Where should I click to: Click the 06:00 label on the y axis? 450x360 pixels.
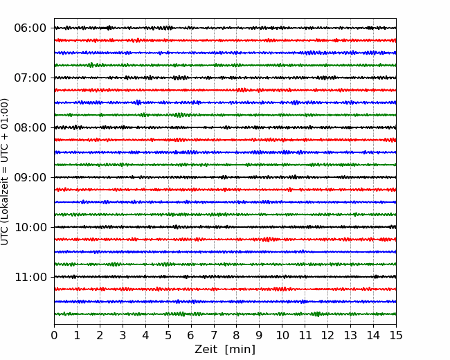point(30,28)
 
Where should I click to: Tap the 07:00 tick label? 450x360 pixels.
point(30,78)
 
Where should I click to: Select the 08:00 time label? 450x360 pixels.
point(30,128)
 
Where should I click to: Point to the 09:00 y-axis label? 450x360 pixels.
point(30,177)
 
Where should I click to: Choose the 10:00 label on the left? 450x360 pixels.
point(30,227)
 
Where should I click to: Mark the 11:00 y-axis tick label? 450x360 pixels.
point(30,277)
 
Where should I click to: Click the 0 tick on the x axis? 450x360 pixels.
point(54,335)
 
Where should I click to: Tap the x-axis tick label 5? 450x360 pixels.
point(168,335)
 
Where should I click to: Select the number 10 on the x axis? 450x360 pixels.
point(282,335)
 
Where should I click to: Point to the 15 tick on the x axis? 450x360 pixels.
point(396,335)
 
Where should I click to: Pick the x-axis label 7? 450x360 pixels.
point(214,335)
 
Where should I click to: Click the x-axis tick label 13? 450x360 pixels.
point(350,335)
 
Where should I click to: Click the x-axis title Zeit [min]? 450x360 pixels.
point(225,350)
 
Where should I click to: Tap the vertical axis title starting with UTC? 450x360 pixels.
point(4,172)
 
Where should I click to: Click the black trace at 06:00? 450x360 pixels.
point(225,28)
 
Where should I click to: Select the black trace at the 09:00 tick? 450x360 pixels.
point(225,177)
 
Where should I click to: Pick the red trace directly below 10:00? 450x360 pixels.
point(225,240)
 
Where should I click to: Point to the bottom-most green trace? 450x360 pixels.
point(225,314)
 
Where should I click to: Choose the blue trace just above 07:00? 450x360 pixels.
point(225,53)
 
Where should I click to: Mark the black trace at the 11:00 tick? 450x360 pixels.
point(225,277)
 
